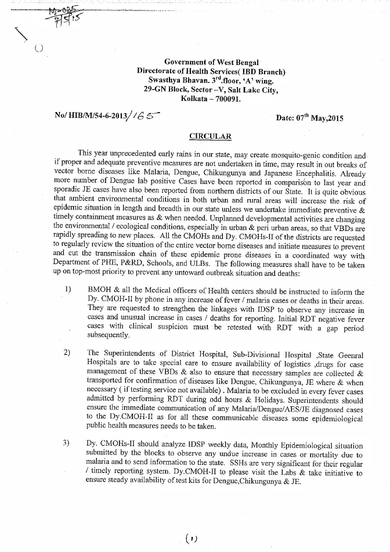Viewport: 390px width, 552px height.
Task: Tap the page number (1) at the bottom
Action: point(192,539)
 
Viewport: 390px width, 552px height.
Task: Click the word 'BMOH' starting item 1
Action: point(99,291)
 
